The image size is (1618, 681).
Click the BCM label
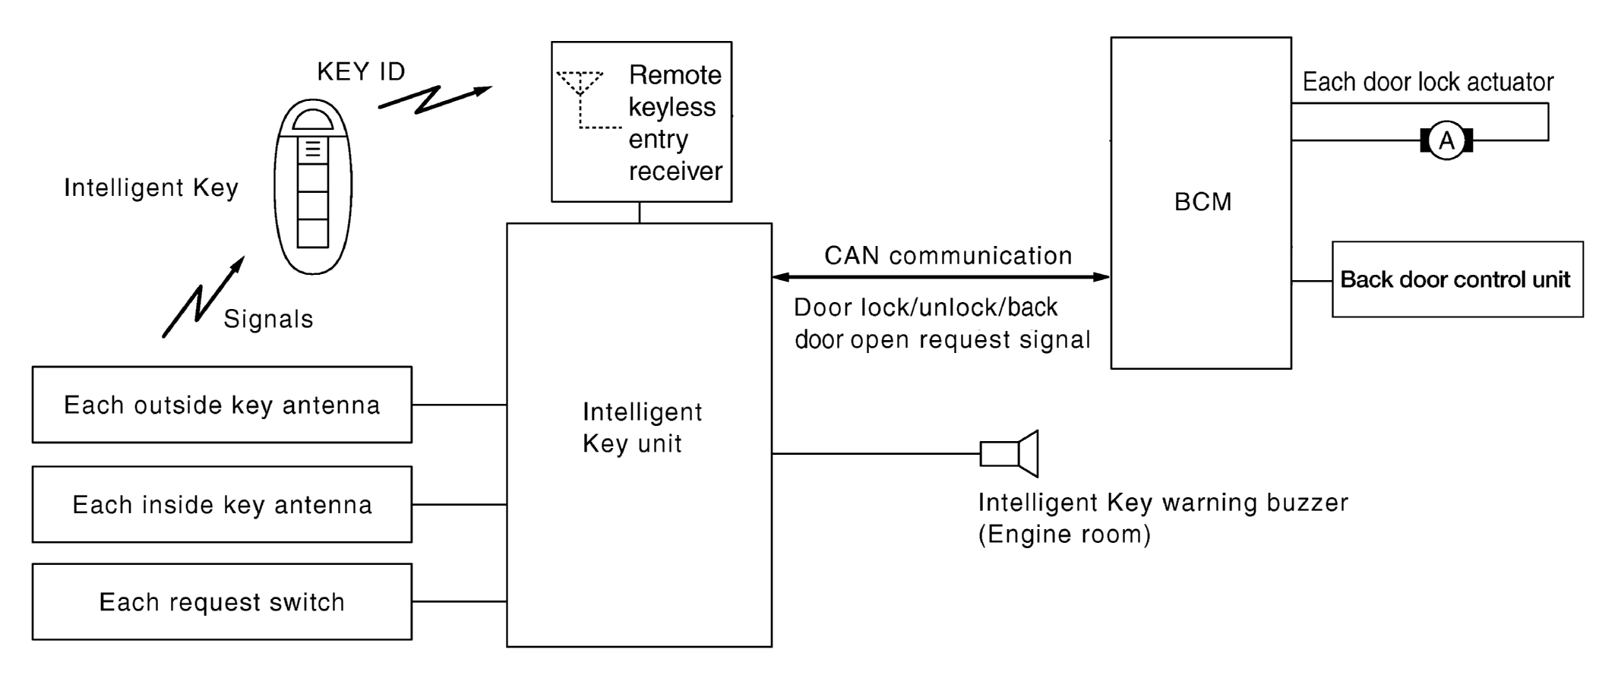(1202, 202)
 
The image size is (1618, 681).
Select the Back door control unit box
(1458, 279)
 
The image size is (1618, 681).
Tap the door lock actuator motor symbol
(1446, 140)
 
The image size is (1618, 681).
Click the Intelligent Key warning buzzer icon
(1009, 454)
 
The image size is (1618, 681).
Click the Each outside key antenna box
(222, 405)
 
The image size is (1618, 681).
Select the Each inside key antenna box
(222, 504)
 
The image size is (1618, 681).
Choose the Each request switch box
(222, 601)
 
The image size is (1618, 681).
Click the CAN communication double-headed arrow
(941, 277)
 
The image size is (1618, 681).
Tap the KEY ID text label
(361, 71)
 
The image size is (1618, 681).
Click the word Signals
(268, 319)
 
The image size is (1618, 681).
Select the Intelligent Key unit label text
(642, 427)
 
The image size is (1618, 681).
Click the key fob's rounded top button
(313, 120)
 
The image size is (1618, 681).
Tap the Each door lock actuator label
(1428, 82)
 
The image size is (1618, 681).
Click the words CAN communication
(948, 255)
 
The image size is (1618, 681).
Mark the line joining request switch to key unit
(460, 601)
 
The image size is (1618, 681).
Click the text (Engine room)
(1064, 534)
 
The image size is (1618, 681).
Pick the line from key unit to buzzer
(876, 454)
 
